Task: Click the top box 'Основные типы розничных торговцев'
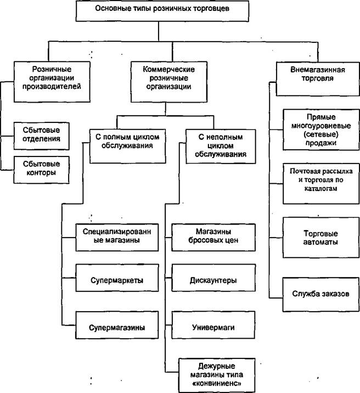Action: (x=162, y=11)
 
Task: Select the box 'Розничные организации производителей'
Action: (x=52, y=82)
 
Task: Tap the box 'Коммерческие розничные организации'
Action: (x=169, y=82)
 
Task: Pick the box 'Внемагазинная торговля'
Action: (x=318, y=78)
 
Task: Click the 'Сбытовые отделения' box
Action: (x=41, y=136)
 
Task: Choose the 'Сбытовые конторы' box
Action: (x=41, y=170)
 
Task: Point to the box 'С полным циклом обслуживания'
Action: (x=128, y=146)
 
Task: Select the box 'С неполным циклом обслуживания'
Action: (x=221, y=147)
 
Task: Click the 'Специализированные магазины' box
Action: (x=117, y=237)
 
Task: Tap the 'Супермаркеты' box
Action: (x=117, y=278)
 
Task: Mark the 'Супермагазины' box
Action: (x=117, y=325)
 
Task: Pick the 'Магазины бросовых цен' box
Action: (x=213, y=237)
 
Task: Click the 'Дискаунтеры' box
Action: (x=213, y=278)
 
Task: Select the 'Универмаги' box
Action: (x=213, y=325)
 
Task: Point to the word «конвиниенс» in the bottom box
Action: (x=217, y=384)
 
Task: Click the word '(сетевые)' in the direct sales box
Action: (x=321, y=134)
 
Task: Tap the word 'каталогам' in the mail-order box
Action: (x=321, y=188)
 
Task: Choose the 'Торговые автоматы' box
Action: (x=321, y=238)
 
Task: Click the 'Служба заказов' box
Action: (x=321, y=294)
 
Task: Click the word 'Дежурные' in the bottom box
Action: (x=217, y=366)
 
